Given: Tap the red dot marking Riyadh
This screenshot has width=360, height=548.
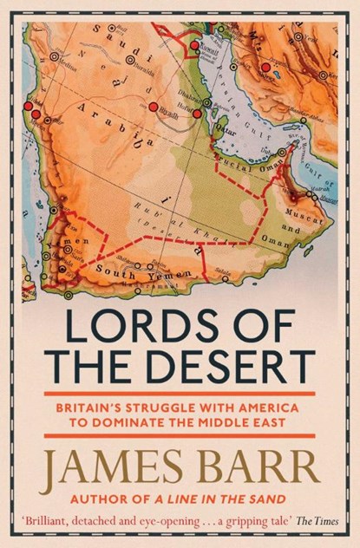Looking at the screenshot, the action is (x=154, y=107).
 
